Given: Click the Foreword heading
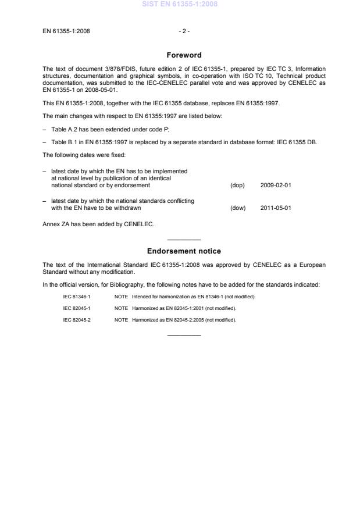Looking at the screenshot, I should (x=184, y=55).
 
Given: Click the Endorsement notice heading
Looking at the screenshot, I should (x=184, y=251).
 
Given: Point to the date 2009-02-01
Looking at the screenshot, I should (x=276, y=186).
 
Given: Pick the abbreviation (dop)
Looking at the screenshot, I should (x=237, y=186).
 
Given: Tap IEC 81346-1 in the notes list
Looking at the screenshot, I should (x=77, y=297).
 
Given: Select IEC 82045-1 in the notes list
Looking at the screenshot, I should (x=77, y=308).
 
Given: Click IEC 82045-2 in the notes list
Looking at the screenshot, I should (x=77, y=319).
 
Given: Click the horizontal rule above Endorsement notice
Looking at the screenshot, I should (x=184, y=240).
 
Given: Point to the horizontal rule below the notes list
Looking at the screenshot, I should (x=184, y=334).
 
